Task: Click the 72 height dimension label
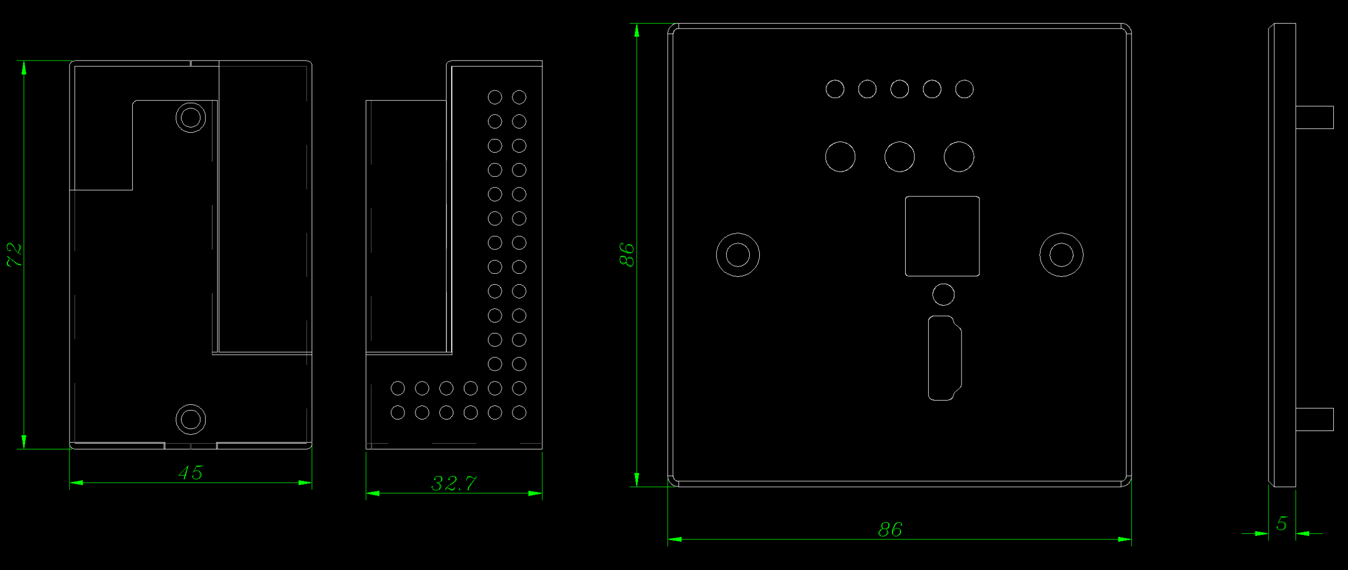(x=14, y=255)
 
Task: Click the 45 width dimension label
(x=190, y=473)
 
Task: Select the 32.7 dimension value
(x=454, y=483)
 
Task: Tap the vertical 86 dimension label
(x=627, y=255)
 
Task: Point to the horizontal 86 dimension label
(x=890, y=529)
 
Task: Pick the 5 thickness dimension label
(x=1282, y=523)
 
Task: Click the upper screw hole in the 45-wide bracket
(x=191, y=117)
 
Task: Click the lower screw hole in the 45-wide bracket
(x=191, y=419)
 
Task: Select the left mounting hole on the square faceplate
(x=738, y=255)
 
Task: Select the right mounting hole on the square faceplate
(x=1061, y=255)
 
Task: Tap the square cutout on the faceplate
(x=942, y=236)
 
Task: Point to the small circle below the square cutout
(x=943, y=294)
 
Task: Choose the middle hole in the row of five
(x=899, y=89)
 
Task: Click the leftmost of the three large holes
(x=840, y=156)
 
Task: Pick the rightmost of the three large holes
(x=959, y=156)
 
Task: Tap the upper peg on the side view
(x=1314, y=117)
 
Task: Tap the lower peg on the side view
(x=1314, y=419)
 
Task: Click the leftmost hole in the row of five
(x=835, y=89)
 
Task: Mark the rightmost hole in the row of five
(x=964, y=89)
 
